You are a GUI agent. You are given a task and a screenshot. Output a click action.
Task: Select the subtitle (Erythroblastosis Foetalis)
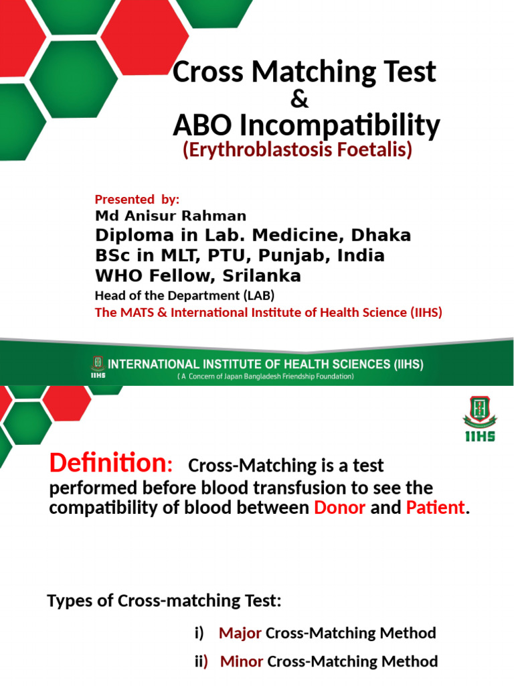point(297,151)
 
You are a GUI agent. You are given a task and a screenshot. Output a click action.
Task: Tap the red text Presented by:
point(137,199)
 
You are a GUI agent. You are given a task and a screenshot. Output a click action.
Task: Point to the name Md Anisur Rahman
point(171,216)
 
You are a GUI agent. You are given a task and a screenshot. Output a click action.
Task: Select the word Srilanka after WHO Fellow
point(263,276)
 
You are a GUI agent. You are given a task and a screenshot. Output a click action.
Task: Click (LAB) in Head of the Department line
point(259,295)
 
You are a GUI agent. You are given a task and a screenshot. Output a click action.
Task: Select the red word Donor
point(339,507)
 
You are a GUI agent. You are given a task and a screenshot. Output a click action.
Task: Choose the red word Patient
point(435,507)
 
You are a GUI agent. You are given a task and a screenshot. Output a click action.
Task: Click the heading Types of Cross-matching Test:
point(164,601)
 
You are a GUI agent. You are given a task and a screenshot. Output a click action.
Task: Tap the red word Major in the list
point(240,632)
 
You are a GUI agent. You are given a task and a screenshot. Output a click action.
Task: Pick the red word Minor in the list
point(242,661)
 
